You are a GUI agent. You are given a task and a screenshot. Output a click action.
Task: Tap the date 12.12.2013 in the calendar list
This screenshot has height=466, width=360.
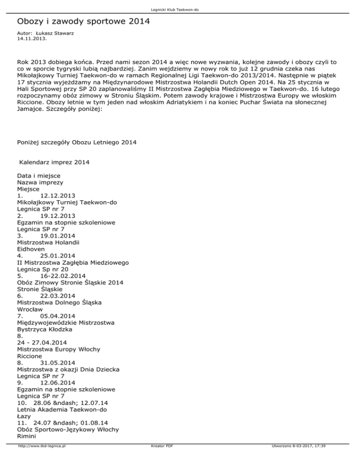(58, 195)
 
